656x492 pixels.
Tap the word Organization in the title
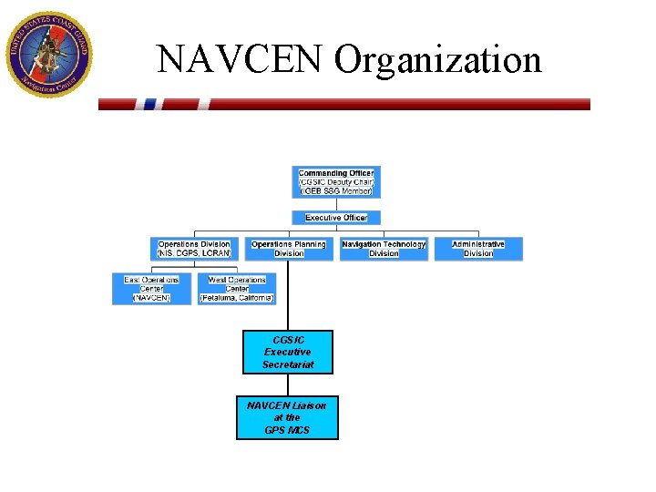(x=437, y=60)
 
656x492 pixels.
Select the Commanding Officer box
(x=336, y=182)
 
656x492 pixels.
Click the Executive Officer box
(x=336, y=218)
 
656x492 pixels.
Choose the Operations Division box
(x=194, y=249)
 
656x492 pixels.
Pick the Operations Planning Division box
(x=289, y=249)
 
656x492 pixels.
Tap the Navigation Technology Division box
(x=384, y=249)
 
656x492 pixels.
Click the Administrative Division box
(x=478, y=249)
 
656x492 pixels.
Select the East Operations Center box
(x=151, y=289)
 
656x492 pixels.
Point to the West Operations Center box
(x=237, y=289)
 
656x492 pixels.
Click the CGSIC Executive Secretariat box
(x=288, y=352)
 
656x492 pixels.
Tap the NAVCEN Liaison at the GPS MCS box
(x=287, y=417)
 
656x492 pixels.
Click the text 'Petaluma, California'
(x=237, y=298)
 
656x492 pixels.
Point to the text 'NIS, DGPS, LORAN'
(x=194, y=253)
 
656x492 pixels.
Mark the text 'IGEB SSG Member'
(x=336, y=191)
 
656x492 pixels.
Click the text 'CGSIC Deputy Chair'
(x=336, y=182)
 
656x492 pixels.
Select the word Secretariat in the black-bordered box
(x=288, y=364)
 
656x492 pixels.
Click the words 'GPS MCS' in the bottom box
(x=287, y=429)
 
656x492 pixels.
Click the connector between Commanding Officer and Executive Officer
(x=336, y=205)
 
